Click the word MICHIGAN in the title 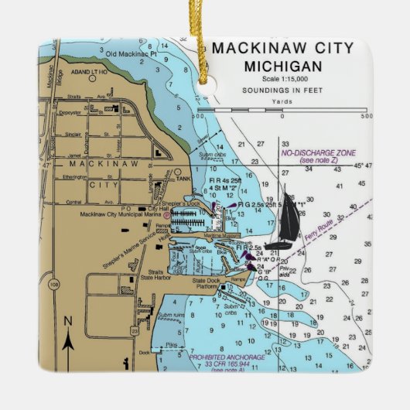click(x=282, y=66)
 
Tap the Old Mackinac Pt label click(x=132, y=53)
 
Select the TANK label click(x=183, y=178)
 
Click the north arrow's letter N click(x=67, y=320)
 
